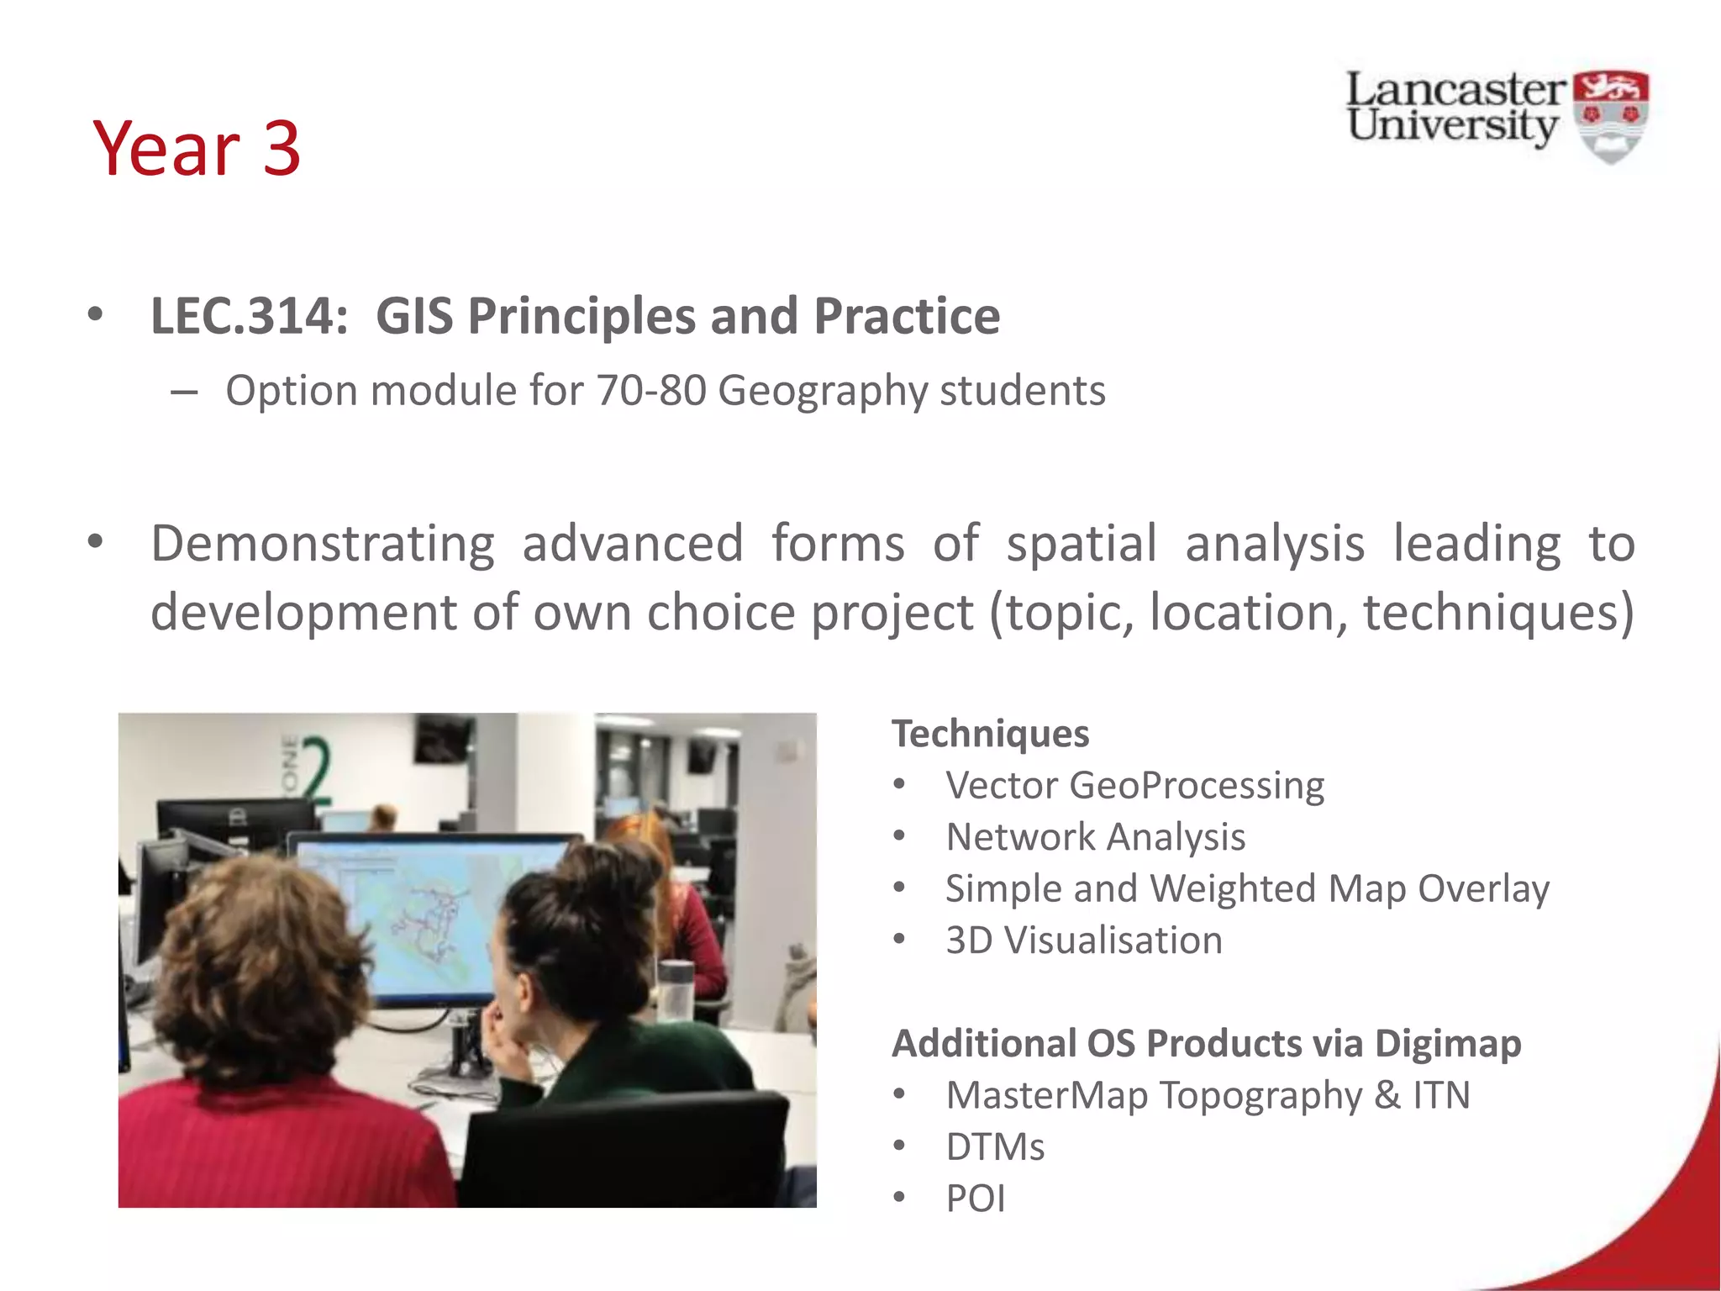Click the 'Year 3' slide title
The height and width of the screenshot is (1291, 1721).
[197, 149]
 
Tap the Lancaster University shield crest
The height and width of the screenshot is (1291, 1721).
[1610, 115]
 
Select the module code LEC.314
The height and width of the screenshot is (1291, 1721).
[249, 317]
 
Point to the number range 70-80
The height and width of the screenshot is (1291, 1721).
[651, 391]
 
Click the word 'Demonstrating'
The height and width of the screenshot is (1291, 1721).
[322, 544]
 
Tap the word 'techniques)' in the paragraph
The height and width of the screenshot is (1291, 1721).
[1498, 612]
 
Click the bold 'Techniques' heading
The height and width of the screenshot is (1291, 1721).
[990, 734]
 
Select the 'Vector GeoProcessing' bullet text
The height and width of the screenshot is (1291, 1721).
[1134, 786]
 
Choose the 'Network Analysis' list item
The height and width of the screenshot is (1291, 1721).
[1095, 837]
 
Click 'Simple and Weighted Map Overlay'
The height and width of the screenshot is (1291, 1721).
[1247, 888]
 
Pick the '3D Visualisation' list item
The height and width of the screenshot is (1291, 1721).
[1083, 941]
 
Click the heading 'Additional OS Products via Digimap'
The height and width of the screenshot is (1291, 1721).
[1206, 1044]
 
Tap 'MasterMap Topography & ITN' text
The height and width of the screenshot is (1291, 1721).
[1208, 1095]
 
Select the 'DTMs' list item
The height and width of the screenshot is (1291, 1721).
[995, 1147]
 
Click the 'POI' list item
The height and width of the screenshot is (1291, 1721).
[975, 1199]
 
